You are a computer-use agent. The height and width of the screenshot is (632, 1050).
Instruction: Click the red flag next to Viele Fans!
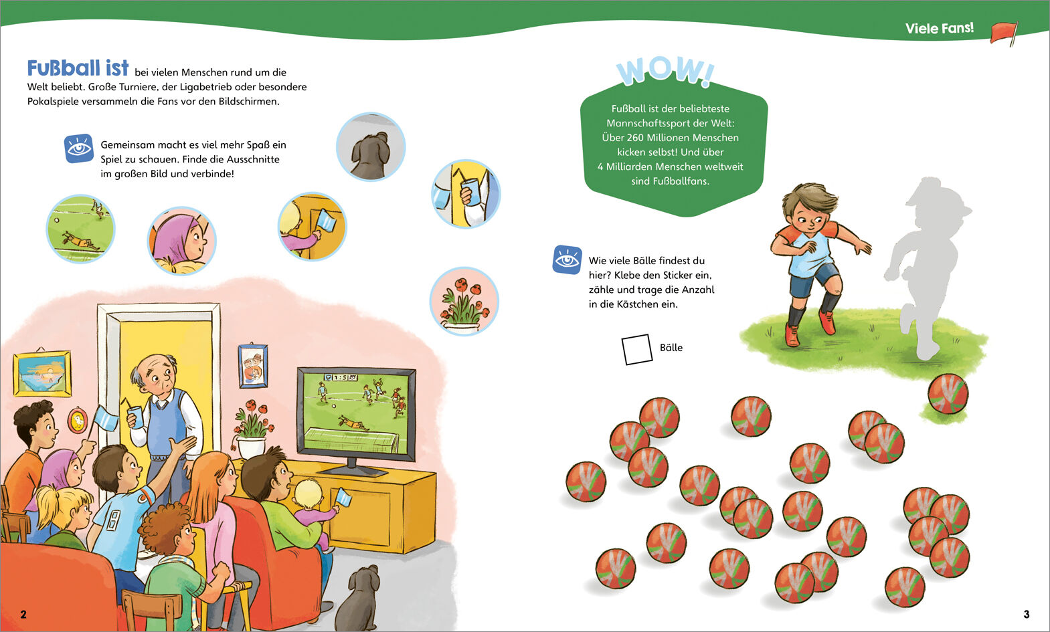(x=1004, y=33)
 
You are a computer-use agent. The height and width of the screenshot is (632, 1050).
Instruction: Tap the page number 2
(x=23, y=614)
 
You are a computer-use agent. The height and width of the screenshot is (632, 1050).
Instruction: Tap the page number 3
(x=1026, y=614)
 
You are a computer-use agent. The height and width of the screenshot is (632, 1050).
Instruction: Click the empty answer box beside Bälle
(x=636, y=349)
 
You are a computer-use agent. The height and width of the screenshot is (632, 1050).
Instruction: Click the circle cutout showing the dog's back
(x=371, y=146)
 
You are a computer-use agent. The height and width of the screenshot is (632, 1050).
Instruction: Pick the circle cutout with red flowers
(x=464, y=301)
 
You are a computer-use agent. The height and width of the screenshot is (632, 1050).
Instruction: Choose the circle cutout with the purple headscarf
(x=181, y=241)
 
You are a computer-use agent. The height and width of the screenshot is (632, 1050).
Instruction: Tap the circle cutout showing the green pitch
(x=80, y=229)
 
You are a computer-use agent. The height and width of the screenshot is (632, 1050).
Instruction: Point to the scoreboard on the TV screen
(x=341, y=377)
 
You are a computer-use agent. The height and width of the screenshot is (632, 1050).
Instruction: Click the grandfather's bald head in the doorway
(x=157, y=364)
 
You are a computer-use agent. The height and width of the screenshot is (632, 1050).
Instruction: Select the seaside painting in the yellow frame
(x=42, y=373)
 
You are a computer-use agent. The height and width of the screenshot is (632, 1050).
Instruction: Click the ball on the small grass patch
(x=948, y=393)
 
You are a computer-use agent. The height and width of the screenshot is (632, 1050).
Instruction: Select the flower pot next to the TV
(x=251, y=447)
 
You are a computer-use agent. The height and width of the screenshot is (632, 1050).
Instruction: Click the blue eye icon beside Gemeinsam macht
(x=79, y=148)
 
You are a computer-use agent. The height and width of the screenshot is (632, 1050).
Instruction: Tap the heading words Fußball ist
(x=78, y=68)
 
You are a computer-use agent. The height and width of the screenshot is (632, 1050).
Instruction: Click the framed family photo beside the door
(x=253, y=366)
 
